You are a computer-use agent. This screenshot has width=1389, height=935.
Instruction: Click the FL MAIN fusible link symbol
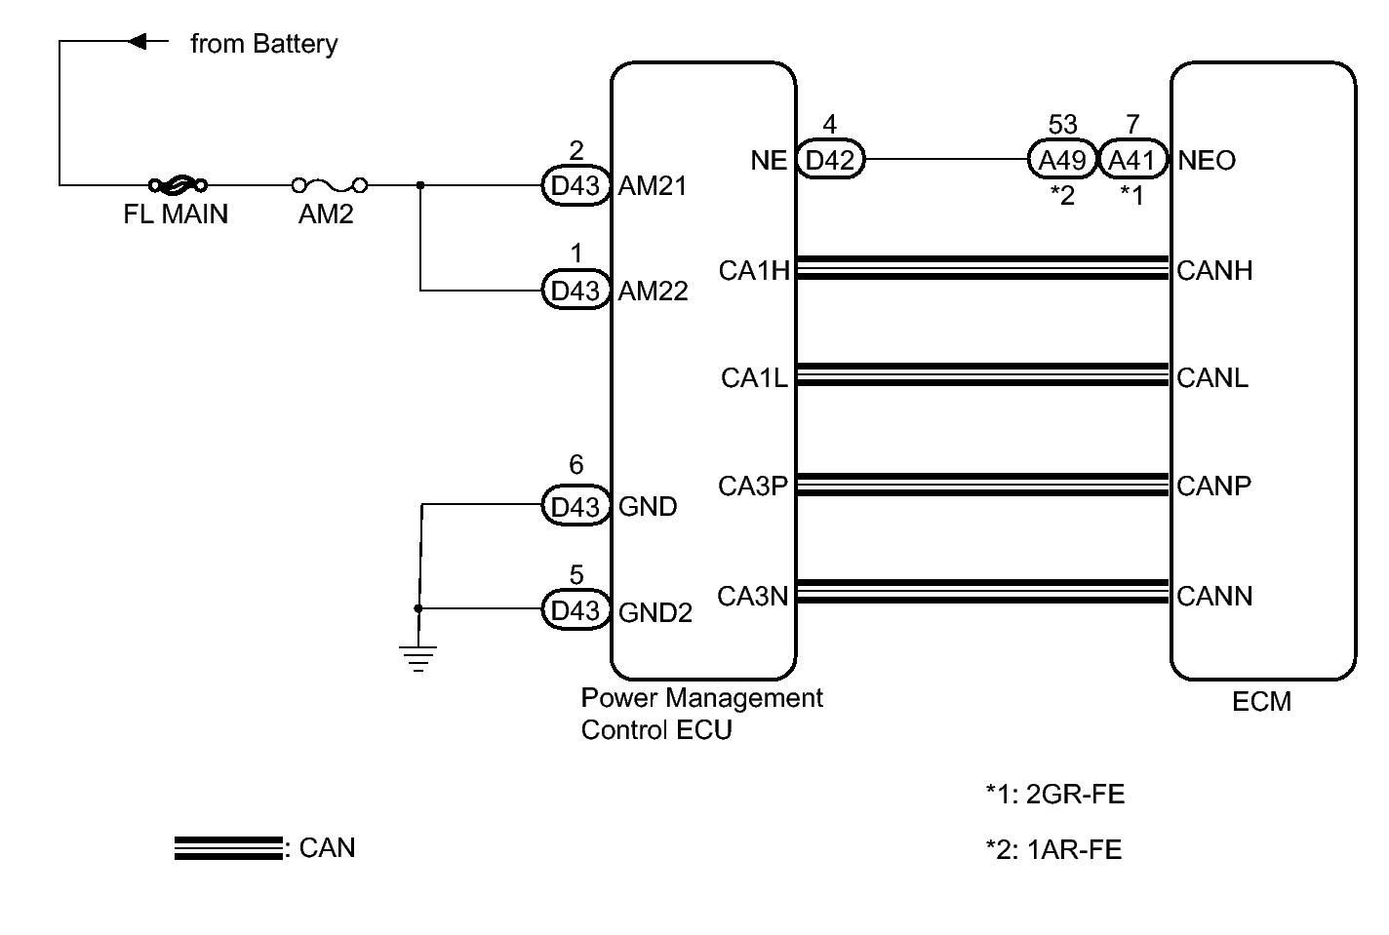pos(177,183)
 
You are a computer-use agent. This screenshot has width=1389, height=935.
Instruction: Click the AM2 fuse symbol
pos(330,184)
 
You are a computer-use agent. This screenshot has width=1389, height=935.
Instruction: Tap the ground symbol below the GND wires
pos(418,658)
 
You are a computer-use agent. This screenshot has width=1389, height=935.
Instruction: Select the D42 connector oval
pos(830,159)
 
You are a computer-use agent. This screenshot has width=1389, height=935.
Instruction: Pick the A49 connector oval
pos(1061,160)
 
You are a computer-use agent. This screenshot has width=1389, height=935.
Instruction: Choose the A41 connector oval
pos(1132,160)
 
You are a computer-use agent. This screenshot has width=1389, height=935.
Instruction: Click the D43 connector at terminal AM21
pos(575,185)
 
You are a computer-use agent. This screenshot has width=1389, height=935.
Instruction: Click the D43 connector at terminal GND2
pos(575,610)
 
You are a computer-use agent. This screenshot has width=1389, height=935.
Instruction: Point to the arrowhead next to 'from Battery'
pos(139,42)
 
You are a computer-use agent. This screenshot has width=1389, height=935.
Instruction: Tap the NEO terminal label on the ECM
pos(1207,161)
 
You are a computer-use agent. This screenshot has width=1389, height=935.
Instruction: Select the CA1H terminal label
pos(753,270)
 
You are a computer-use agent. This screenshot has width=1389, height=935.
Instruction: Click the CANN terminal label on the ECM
pos(1214,596)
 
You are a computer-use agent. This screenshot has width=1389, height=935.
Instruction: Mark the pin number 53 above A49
pos(1062,125)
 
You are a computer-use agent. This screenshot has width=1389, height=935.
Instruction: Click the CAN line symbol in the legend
pos(228,848)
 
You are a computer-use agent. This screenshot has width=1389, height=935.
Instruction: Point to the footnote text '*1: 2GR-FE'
pos(1054,795)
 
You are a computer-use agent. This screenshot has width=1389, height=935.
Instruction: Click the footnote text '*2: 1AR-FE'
pos(1053,850)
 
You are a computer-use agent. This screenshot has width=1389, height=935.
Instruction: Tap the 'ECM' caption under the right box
pos(1261,701)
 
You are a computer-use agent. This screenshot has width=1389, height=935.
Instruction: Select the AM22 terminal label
pos(653,291)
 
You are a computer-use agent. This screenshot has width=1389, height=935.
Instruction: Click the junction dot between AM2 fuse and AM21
pos(420,184)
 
